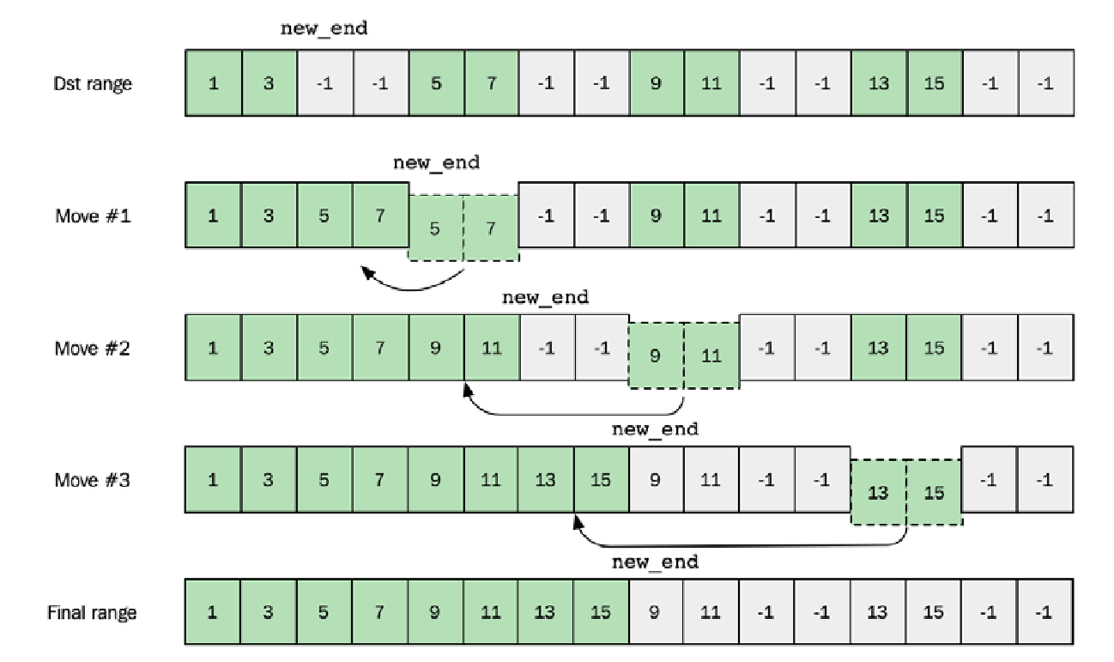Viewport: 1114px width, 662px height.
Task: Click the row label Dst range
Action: tap(91, 84)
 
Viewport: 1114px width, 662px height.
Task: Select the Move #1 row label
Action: tap(93, 216)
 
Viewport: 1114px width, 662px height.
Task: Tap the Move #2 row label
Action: tap(93, 349)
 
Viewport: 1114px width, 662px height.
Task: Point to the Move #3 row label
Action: tap(93, 480)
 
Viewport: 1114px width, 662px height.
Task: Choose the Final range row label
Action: tap(92, 613)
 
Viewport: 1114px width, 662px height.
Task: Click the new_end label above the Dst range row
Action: tap(324, 28)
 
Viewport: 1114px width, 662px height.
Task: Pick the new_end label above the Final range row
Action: tap(655, 563)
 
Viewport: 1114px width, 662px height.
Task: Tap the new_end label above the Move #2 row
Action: tap(545, 298)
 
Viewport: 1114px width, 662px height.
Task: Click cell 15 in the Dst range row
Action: tap(934, 84)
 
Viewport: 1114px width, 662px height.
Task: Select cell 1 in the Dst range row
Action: tap(213, 84)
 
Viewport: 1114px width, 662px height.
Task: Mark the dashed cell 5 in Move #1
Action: tap(435, 229)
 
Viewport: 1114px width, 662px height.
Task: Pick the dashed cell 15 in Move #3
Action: tap(934, 493)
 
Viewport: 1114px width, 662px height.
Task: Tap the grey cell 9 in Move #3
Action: tap(656, 480)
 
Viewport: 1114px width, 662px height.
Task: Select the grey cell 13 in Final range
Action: tap(878, 613)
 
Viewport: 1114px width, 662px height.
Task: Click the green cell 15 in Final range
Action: tap(600, 613)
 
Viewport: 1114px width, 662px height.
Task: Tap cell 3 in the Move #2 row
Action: tap(269, 349)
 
